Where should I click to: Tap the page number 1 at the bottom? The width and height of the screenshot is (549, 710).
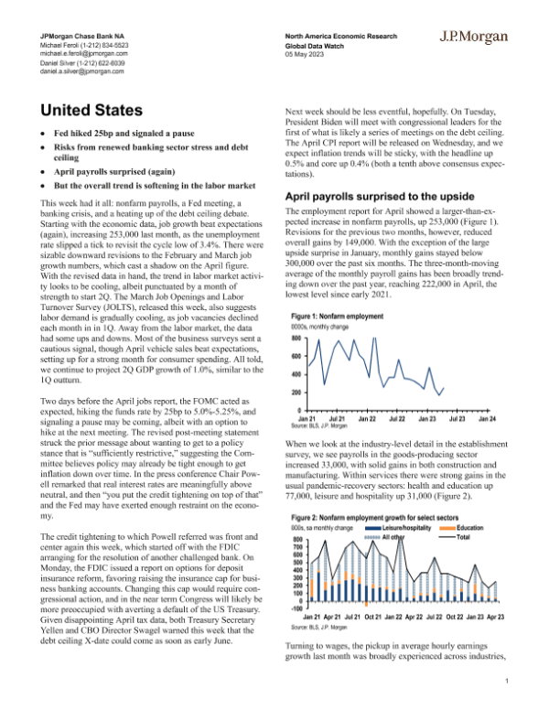[506, 680]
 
